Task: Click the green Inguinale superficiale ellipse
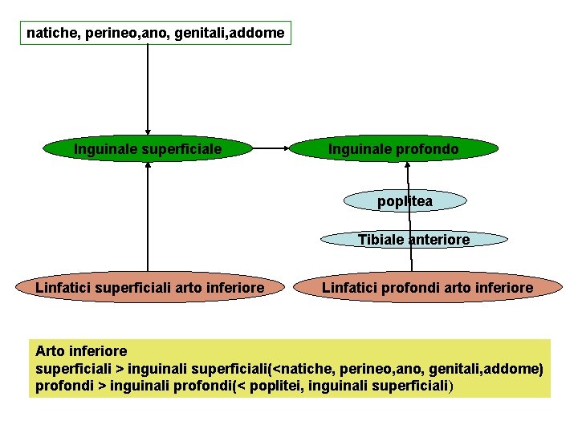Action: [148, 149]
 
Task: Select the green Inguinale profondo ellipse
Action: [393, 149]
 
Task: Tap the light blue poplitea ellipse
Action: [405, 201]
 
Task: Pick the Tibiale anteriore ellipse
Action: [413, 239]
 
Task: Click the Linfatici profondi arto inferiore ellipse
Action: [427, 287]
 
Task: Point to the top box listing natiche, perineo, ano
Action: [155, 34]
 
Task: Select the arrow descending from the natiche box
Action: [148, 88]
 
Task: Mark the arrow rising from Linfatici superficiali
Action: [148, 216]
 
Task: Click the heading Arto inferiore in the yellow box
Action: [81, 351]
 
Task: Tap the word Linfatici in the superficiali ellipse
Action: [62, 287]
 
